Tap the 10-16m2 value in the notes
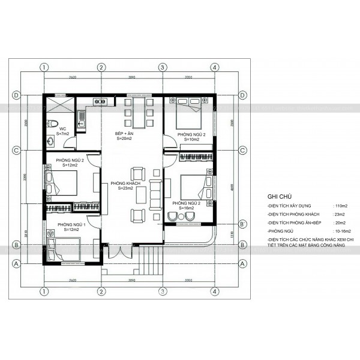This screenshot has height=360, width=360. click(x=343, y=230)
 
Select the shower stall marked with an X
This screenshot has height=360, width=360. click(x=59, y=104)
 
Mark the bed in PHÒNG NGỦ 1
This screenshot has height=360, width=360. click(x=65, y=248)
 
